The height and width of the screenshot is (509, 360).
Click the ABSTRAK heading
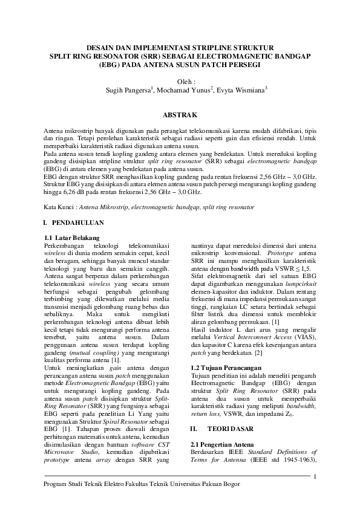180,114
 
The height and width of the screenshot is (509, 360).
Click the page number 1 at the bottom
315,478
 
